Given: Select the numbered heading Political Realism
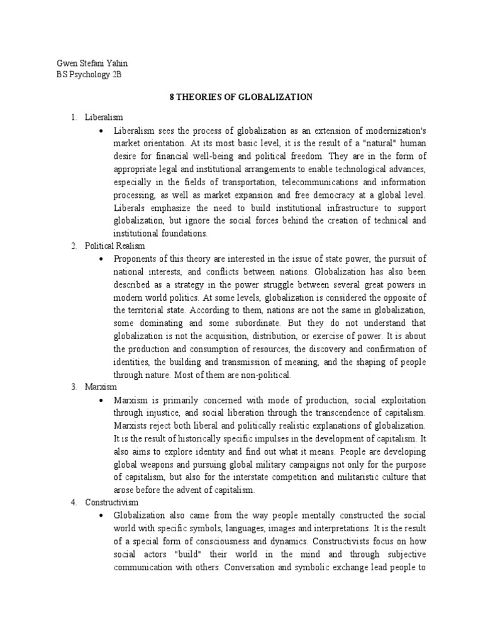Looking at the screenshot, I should point(115,246).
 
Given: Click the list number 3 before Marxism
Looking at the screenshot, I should point(73,387).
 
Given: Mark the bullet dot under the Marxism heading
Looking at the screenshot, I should point(102,400).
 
